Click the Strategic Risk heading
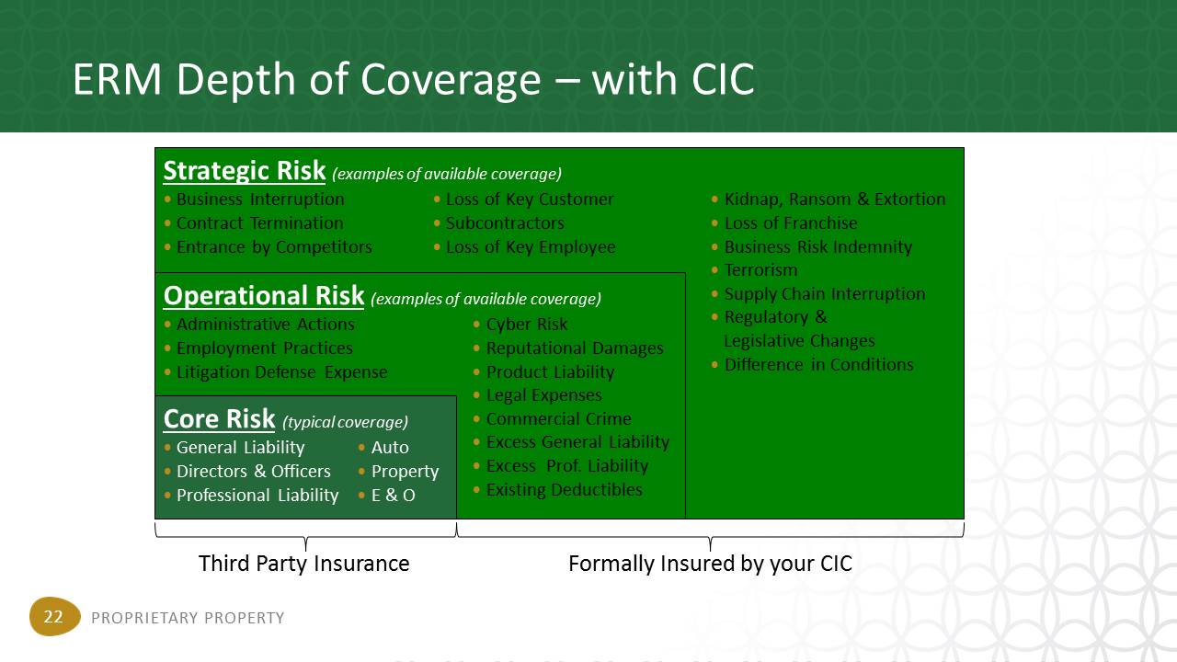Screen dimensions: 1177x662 245,171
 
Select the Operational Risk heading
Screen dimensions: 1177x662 264,296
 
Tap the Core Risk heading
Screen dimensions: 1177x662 219,419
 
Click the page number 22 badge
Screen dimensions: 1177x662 54,616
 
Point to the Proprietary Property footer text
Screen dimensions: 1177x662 188,618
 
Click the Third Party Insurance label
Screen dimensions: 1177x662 303,564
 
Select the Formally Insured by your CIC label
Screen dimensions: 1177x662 710,564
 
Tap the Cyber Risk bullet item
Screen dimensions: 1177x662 527,325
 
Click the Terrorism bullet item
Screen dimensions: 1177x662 760,270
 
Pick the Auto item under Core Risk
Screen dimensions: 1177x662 390,448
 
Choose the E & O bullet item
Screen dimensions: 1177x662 393,496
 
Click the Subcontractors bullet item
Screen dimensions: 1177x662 505,223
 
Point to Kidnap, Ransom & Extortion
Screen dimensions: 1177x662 835,200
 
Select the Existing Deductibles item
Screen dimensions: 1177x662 565,490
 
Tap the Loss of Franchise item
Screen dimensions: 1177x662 791,223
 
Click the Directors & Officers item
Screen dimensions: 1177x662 253,472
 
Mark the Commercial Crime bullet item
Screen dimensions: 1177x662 558,419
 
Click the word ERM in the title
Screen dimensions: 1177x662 117,80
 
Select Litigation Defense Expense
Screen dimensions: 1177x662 281,372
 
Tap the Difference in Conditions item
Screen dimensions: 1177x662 818,365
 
